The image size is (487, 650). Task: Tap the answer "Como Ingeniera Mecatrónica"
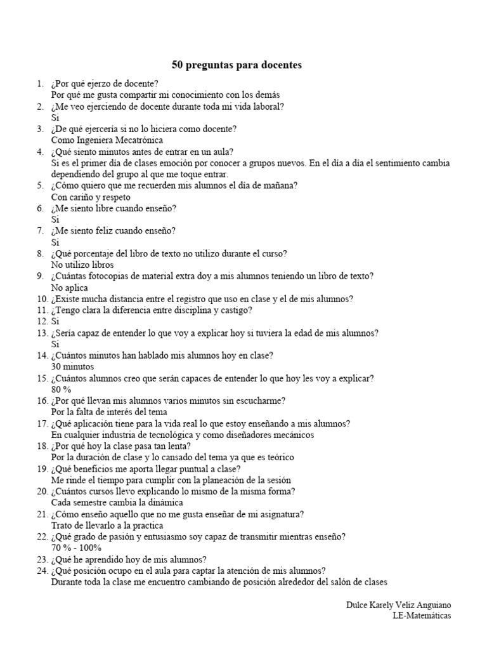[x=107, y=140]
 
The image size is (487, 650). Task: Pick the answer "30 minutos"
[x=72, y=367]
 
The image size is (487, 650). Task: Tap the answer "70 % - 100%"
[x=76, y=548]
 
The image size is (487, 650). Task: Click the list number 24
[x=42, y=571]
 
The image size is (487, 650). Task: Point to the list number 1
[x=40, y=83]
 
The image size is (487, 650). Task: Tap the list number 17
[x=42, y=423]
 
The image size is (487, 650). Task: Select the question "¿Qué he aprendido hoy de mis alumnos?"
[x=129, y=559]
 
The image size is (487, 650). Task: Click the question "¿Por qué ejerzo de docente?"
[x=105, y=83]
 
